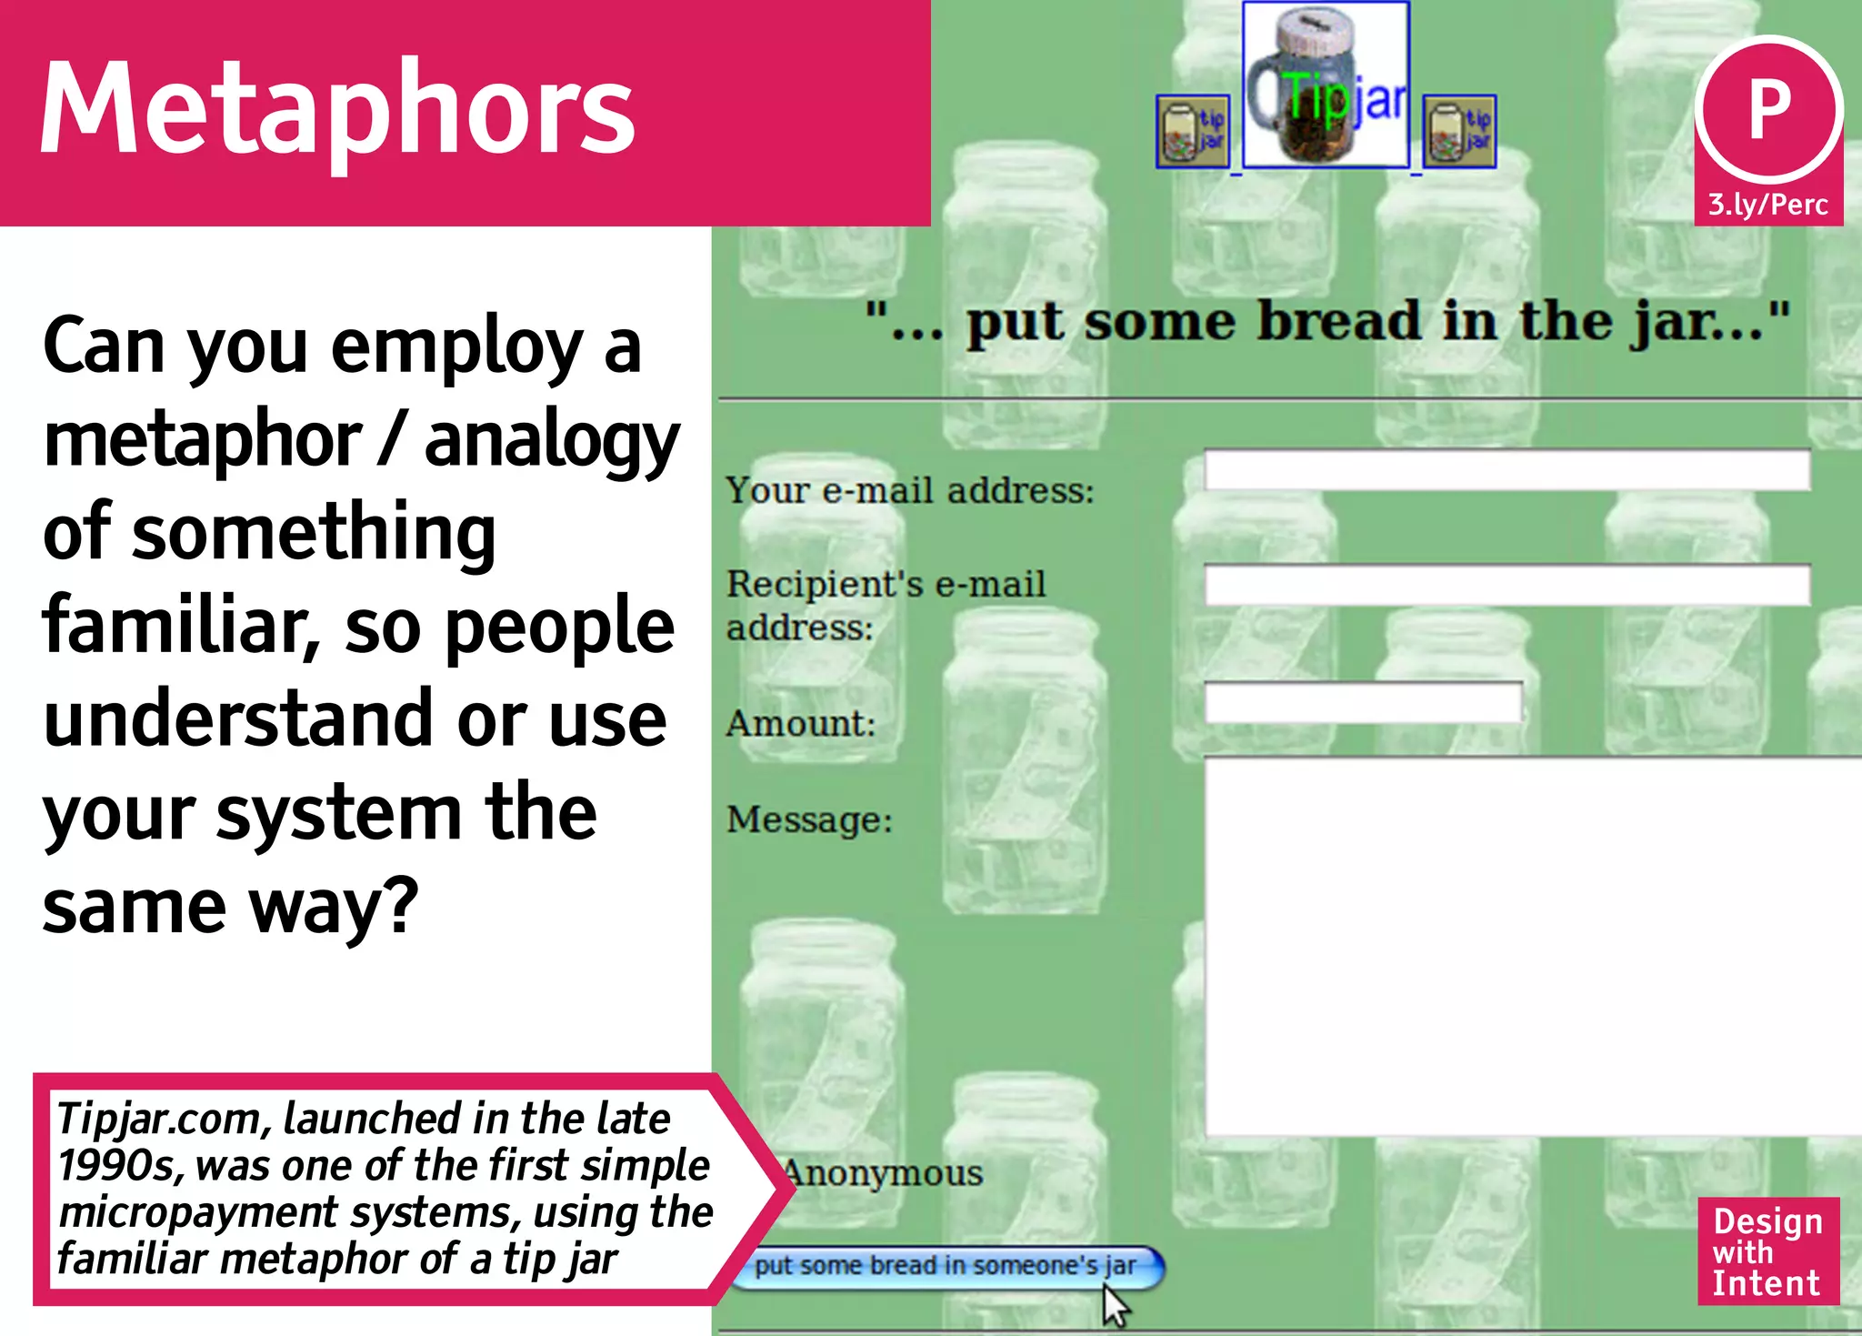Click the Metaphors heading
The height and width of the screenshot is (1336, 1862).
(337, 109)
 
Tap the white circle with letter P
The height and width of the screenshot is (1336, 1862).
(1768, 110)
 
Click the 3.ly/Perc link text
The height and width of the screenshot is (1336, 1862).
(1767, 205)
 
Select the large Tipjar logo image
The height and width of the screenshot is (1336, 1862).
(1326, 85)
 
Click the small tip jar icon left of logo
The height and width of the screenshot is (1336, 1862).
(1193, 132)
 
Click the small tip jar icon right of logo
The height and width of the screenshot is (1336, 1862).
(1459, 132)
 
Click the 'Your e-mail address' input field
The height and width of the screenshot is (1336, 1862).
(1507, 470)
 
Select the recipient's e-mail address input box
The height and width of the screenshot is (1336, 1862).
(1507, 585)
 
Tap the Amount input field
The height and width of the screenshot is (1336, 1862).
(1363, 703)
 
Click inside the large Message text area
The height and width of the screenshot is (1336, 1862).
(1532, 946)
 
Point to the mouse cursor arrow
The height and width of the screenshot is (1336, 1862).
(1115, 1306)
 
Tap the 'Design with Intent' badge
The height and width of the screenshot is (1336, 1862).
(1767, 1251)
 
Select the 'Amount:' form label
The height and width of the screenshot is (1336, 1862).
(801, 724)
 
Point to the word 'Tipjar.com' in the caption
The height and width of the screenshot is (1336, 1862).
(164, 1120)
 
